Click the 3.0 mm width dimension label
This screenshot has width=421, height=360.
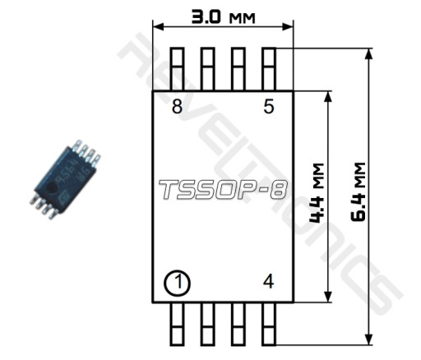(x=223, y=17)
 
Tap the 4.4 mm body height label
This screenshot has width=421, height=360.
(x=316, y=193)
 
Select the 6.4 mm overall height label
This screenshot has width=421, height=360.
(x=358, y=192)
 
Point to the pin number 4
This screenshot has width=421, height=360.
(x=268, y=282)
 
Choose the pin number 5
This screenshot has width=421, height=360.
(x=269, y=106)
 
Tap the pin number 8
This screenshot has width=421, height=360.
(x=177, y=106)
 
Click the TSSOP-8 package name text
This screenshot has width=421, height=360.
(x=223, y=189)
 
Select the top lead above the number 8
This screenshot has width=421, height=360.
(x=177, y=69)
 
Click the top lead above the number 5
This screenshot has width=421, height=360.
(x=269, y=69)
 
